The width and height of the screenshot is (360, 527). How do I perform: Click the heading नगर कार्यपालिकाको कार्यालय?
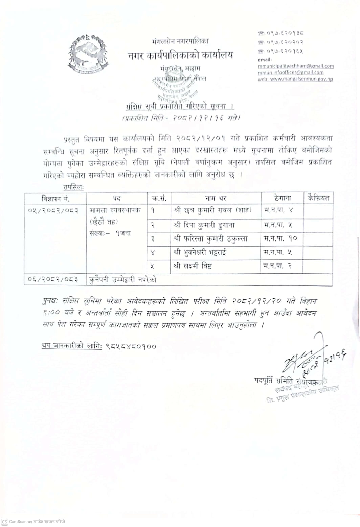(180, 55)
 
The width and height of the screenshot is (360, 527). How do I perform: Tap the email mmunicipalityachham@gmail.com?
(296, 66)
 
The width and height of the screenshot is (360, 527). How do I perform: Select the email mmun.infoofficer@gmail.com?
(290, 72)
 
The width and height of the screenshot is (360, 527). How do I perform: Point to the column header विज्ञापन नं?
(55, 198)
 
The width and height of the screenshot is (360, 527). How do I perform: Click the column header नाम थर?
(216, 198)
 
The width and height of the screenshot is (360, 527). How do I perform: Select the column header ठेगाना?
(282, 198)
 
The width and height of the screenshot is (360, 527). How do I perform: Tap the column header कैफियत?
(318, 198)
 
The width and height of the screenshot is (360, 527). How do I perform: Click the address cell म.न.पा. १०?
(280, 238)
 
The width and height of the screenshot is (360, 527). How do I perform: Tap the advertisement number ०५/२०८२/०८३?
(53, 210)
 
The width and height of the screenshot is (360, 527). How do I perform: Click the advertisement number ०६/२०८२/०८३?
(53, 280)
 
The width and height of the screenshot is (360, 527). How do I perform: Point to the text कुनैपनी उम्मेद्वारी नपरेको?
(123, 280)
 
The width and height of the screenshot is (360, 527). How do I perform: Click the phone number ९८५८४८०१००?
(131, 346)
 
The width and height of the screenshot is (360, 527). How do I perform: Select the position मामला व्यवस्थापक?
(115, 210)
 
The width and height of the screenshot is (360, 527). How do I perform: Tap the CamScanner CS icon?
(5, 522)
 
